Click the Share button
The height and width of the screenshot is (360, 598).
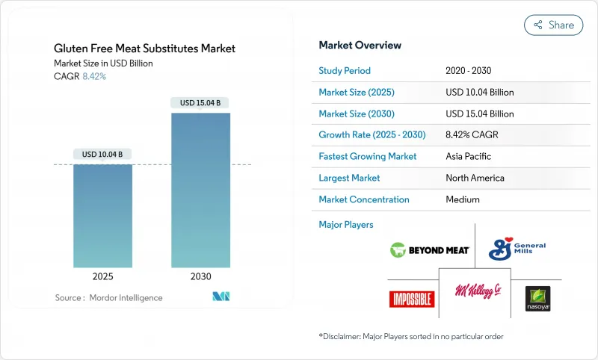click(552, 25)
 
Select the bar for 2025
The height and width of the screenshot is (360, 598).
click(102, 216)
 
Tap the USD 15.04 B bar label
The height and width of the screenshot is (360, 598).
click(200, 102)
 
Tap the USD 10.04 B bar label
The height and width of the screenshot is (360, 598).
click(102, 154)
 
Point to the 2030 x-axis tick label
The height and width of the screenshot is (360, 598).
click(200, 276)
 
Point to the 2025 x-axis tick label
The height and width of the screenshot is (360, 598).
click(102, 276)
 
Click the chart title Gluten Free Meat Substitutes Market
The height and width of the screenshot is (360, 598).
click(144, 49)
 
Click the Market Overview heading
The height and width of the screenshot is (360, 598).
click(360, 46)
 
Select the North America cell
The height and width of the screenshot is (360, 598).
click(475, 178)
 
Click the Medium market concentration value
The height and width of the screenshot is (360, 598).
click(462, 199)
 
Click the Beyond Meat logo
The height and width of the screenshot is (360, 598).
click(430, 250)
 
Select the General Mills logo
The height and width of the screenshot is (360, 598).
click(517, 249)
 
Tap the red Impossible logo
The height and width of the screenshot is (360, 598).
click(412, 299)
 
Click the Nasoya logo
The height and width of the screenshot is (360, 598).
click(537, 299)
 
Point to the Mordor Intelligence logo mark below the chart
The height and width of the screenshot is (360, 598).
click(221, 297)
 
